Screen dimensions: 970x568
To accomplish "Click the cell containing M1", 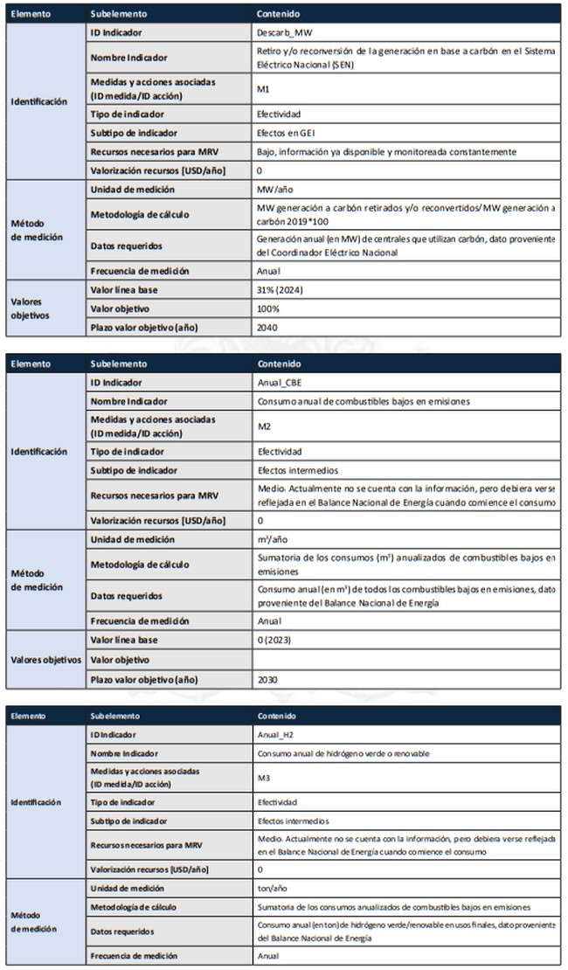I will coord(263,89).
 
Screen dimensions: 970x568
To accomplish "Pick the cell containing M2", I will coord(263,427).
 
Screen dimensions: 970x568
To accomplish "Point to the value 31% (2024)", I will coord(280,290).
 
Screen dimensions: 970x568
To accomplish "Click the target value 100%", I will coord(267,309).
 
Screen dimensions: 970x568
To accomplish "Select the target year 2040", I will coord(267,329).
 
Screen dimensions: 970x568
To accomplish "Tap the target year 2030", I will coord(267,679).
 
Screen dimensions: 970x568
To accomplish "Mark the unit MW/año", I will coord(273,190).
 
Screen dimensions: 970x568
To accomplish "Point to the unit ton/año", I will coord(272,888).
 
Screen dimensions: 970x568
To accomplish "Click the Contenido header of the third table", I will coord(276,715).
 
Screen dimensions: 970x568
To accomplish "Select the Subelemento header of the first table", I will coord(119,15).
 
